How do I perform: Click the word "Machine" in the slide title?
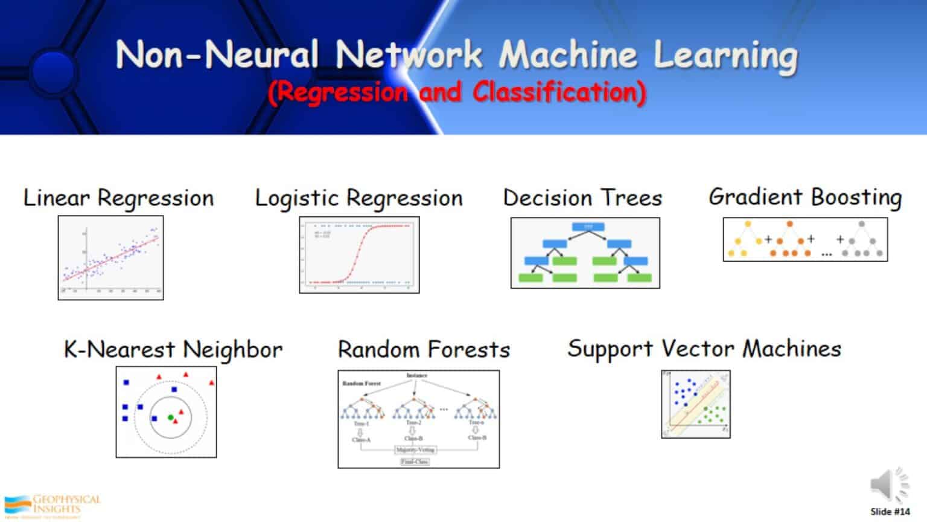click(568, 54)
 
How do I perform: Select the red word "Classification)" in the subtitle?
click(559, 92)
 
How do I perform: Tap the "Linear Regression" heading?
click(118, 198)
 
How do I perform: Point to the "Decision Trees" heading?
click(582, 198)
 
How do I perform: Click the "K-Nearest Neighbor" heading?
click(173, 350)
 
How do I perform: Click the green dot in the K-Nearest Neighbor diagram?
click(171, 417)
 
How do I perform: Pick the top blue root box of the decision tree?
click(588, 227)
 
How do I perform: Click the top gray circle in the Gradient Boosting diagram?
click(862, 224)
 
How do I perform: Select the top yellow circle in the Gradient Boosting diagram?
click(748, 224)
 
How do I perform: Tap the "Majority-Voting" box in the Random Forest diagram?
click(415, 450)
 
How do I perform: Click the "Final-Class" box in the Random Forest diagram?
click(415, 462)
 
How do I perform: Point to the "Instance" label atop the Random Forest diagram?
click(416, 376)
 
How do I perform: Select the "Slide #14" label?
click(890, 512)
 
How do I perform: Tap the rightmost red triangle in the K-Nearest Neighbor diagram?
click(211, 382)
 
